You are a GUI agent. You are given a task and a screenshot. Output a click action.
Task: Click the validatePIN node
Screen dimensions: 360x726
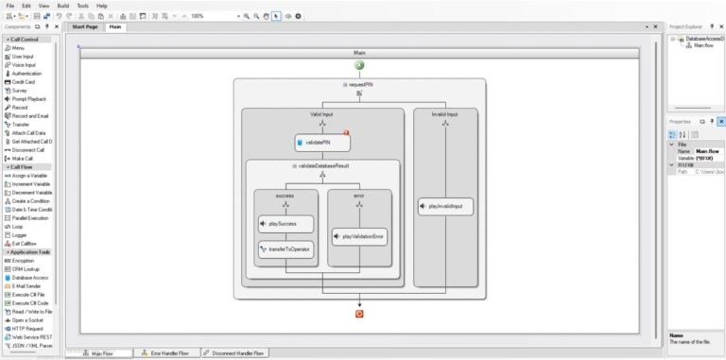[322, 143]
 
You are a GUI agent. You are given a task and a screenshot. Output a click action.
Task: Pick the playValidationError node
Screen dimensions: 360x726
[360, 235]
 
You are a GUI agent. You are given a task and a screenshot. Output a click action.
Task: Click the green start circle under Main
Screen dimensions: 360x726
[359, 64]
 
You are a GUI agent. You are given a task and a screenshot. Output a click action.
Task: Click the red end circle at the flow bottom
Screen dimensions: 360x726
[359, 314]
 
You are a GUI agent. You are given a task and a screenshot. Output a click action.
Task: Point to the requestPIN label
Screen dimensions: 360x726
[359, 85]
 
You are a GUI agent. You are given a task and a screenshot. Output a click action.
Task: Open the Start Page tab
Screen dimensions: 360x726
[85, 26]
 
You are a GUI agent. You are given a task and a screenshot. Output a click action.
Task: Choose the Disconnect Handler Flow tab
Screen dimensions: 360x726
[236, 353]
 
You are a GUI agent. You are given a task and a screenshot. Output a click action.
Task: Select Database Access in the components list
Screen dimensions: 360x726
[31, 278]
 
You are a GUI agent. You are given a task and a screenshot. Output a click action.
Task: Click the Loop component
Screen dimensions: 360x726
[19, 227]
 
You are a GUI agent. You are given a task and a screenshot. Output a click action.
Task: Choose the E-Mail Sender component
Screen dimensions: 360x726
[29, 286]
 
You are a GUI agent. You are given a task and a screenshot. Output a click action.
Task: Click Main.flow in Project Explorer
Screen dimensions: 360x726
[705, 45]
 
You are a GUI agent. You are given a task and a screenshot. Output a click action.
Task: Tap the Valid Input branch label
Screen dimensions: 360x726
[321, 114]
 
